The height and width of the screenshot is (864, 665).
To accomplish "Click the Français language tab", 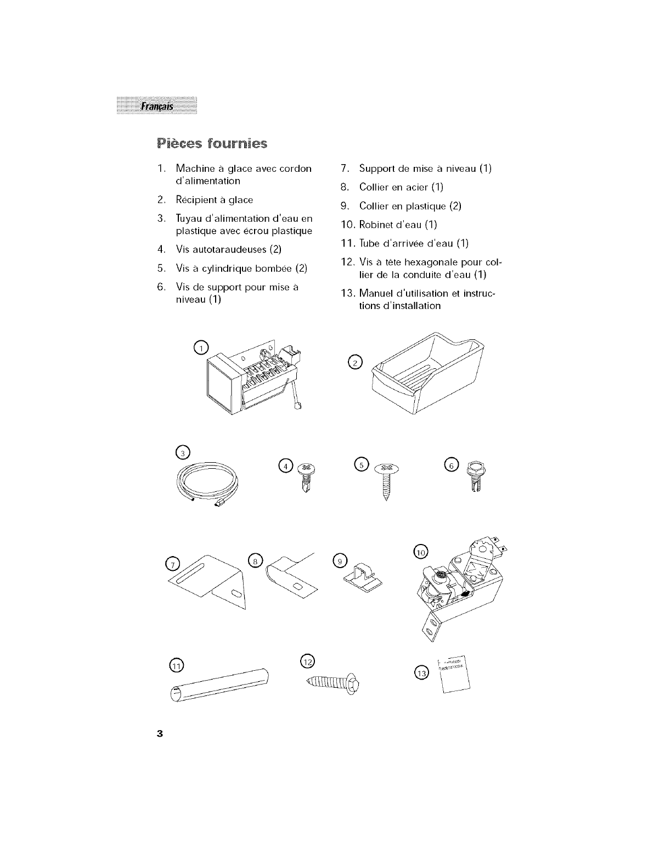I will pyautogui.click(x=156, y=106).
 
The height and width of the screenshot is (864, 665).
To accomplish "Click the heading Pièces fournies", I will pyautogui.click(x=212, y=144).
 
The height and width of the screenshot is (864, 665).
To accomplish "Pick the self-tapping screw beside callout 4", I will pyautogui.click(x=304, y=477).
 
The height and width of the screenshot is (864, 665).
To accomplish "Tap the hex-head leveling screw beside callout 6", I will pyautogui.click(x=474, y=478).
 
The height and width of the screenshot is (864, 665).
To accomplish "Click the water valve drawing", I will pyautogui.click(x=464, y=587).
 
